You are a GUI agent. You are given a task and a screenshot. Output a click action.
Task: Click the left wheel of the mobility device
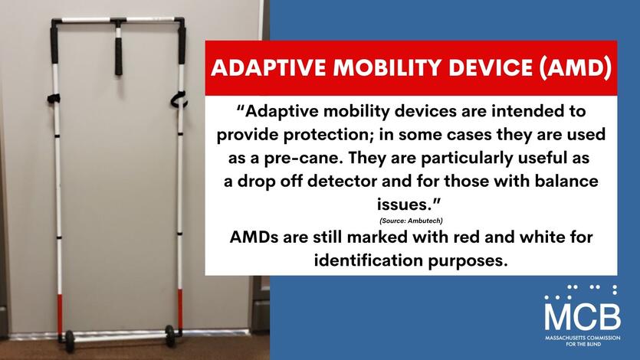point(70,341)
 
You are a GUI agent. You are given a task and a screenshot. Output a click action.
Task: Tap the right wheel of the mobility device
point(169,335)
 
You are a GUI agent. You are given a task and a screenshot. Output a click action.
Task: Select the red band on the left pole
point(60,314)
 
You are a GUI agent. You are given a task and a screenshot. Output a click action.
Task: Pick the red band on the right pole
point(179,309)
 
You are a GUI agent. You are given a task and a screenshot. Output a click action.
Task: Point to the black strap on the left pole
point(54,98)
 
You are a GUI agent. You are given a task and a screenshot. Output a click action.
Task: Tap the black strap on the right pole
point(179,100)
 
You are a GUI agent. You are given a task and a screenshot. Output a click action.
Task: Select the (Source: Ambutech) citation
point(411,221)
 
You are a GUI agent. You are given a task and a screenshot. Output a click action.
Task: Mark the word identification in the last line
point(369,260)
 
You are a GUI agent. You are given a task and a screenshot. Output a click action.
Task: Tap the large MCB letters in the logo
point(583,316)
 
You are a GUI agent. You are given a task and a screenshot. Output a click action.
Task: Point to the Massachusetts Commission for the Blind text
point(583,341)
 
